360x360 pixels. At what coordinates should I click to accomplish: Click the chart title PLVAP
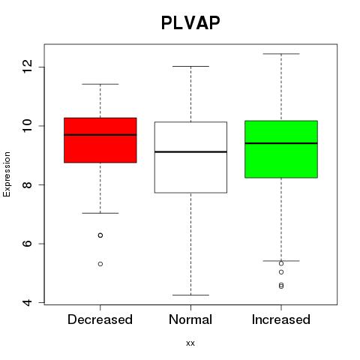[190, 22]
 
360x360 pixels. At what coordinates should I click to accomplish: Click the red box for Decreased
[100, 140]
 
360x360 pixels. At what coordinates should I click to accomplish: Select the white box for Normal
[190, 157]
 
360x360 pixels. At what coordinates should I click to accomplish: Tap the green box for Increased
[281, 149]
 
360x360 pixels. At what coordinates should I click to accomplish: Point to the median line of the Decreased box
[100, 135]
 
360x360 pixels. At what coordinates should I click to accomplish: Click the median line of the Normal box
[190, 151]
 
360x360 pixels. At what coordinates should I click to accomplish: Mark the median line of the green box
[281, 143]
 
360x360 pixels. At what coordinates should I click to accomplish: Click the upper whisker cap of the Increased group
[281, 54]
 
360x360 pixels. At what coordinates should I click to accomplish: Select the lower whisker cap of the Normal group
[190, 295]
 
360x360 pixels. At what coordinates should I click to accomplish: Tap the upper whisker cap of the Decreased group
[100, 84]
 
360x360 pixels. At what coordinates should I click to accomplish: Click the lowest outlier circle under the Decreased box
[100, 264]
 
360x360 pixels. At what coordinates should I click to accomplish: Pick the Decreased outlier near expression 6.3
[100, 235]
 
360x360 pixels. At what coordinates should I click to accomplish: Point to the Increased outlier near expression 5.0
[281, 272]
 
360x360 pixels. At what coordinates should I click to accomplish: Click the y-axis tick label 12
[28, 67]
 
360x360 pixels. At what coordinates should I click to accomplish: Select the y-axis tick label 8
[28, 184]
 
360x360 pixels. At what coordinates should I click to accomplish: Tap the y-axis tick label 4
[28, 302]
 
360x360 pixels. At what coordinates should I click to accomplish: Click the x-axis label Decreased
[100, 319]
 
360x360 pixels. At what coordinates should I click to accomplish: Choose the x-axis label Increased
[281, 319]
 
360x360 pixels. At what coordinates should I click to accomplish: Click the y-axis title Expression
[7, 174]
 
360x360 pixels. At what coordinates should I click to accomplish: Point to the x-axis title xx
[190, 343]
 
